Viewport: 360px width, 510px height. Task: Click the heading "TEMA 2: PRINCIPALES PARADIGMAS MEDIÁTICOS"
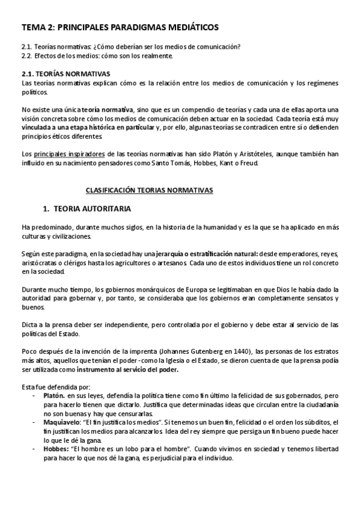click(120, 27)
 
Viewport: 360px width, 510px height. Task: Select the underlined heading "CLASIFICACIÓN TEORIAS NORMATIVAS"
click(149, 189)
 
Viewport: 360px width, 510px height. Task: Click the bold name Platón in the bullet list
click(55, 397)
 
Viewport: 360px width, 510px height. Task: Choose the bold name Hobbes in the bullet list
click(56, 448)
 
